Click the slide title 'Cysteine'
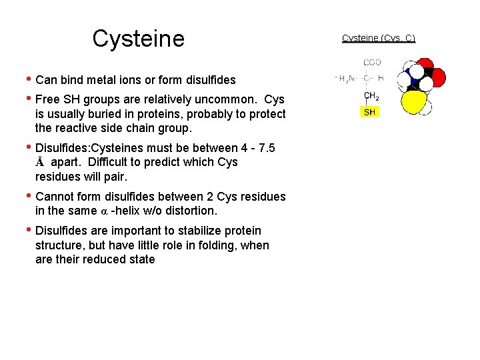pos(138,39)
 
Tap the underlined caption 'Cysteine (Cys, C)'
pos(378,38)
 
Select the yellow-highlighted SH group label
pos(369,112)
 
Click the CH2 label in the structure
pos(371,96)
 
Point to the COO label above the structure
pos(372,63)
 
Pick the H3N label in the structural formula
pos(345,79)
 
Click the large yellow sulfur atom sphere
pos(415,103)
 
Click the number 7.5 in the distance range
pos(266,147)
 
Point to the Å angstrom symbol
pos(40,162)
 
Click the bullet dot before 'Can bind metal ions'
pos(27,79)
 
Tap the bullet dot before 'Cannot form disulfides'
pos(27,195)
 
